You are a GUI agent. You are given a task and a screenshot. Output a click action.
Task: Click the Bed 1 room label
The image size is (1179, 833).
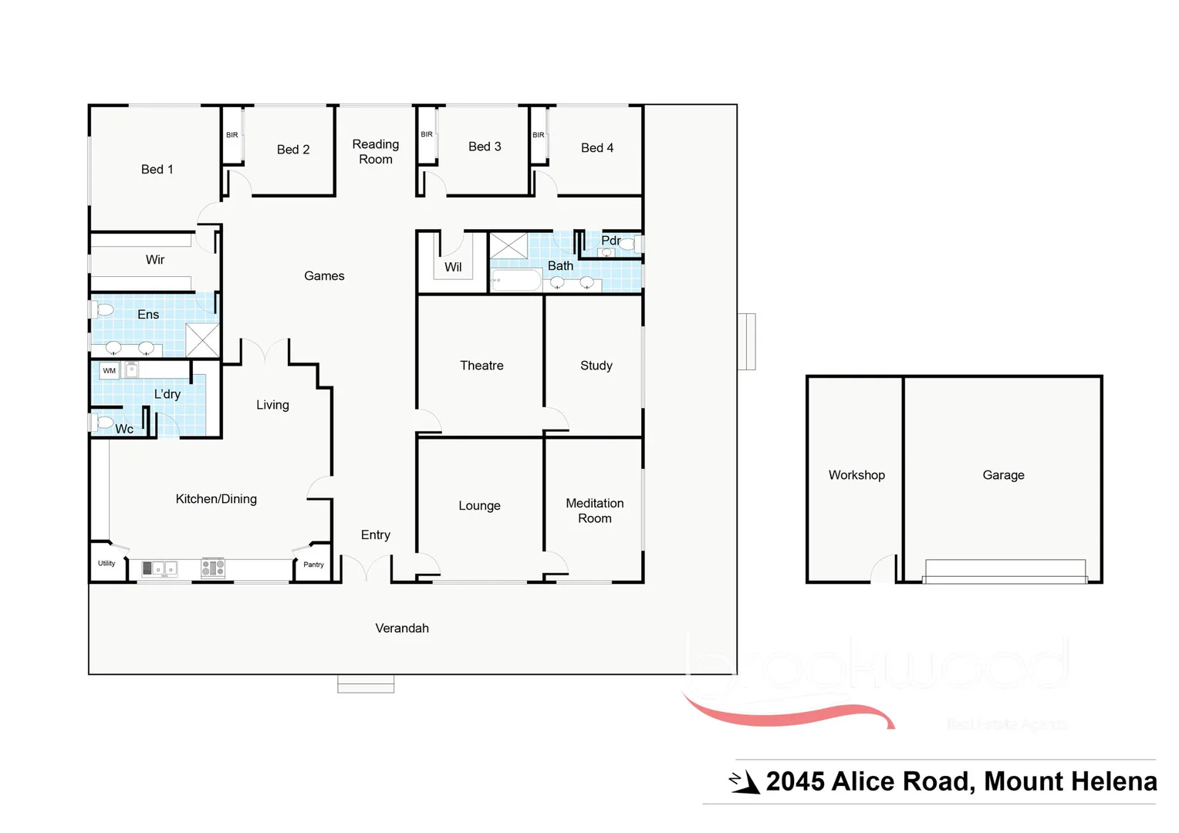click(x=157, y=169)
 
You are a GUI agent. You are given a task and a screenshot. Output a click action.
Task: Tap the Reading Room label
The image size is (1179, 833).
click(x=376, y=151)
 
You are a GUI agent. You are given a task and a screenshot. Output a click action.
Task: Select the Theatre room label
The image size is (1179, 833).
click(x=481, y=366)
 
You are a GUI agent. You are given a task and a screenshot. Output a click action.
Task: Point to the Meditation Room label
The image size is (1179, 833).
click(x=595, y=511)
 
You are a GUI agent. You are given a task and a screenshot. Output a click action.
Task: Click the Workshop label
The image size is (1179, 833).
click(x=856, y=475)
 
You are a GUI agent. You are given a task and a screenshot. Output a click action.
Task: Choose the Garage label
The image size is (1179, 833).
click(x=1003, y=475)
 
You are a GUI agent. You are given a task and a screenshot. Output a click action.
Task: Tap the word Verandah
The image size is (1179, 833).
click(x=402, y=628)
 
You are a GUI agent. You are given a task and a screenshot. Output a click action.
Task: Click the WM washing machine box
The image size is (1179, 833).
click(x=110, y=371)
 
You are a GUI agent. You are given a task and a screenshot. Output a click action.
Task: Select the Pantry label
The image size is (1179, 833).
click(x=313, y=565)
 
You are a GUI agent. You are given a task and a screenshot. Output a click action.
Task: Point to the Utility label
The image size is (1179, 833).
click(x=106, y=563)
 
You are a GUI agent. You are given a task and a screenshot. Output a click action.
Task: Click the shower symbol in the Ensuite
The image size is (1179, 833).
click(x=202, y=339)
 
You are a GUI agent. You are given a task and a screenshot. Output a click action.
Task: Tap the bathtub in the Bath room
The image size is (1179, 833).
click(x=515, y=280)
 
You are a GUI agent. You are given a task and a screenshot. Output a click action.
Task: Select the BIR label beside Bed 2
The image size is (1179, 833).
click(x=232, y=135)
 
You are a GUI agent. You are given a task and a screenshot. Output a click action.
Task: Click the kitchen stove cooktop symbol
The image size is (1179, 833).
click(x=213, y=568)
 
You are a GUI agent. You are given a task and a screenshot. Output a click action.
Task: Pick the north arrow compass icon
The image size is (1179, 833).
click(x=744, y=782)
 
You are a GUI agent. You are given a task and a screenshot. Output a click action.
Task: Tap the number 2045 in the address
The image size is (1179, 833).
click(x=795, y=782)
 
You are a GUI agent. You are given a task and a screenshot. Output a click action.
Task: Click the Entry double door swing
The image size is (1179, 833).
click(x=367, y=569)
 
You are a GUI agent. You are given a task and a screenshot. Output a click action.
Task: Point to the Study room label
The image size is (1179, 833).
click(x=596, y=366)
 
